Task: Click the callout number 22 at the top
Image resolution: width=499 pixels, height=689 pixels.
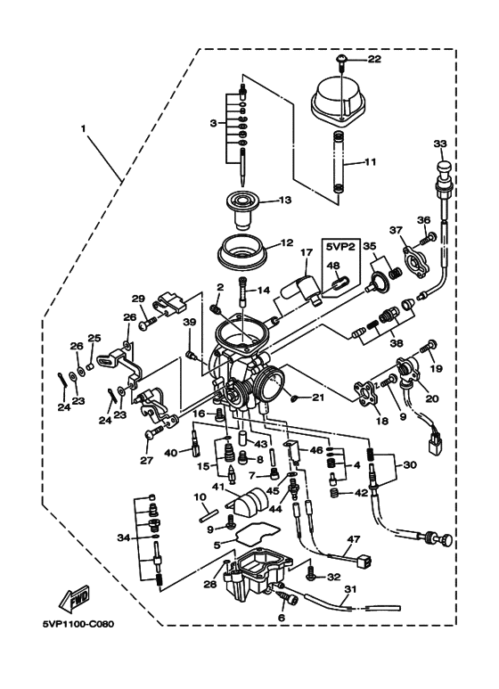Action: pos(373,59)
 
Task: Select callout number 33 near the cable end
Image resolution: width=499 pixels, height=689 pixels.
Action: pos(438,144)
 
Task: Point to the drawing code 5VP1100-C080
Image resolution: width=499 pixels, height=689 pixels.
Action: pos(78,648)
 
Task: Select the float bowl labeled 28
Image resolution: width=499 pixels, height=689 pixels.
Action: pos(258,578)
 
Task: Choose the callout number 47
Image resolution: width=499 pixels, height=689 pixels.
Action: pos(353,540)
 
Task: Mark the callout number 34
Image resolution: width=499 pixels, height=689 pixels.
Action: pos(121,537)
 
